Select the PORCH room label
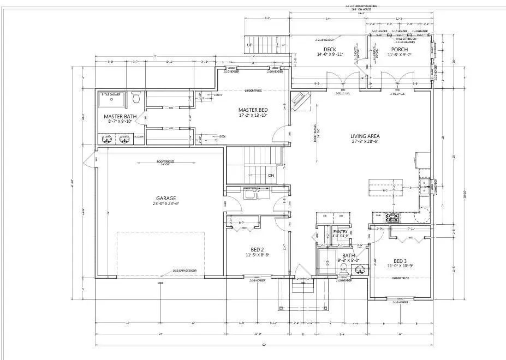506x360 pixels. (x=400, y=50)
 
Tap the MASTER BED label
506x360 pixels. (x=252, y=110)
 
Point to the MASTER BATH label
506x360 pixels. (x=120, y=116)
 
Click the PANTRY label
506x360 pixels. (x=341, y=231)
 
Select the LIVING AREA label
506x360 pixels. (x=365, y=136)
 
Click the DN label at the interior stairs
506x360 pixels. (x=271, y=175)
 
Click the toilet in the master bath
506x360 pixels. (x=136, y=99)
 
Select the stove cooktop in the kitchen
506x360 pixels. (x=392, y=219)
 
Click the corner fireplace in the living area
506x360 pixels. (x=300, y=100)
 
